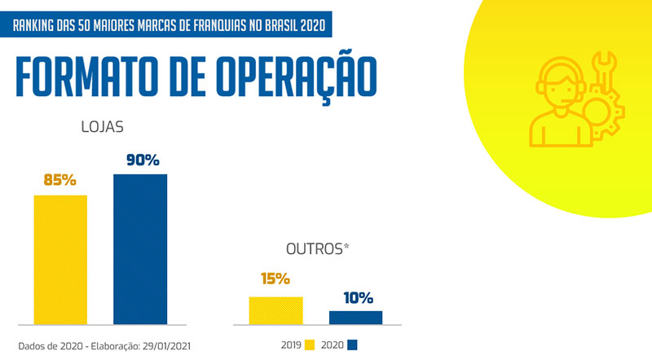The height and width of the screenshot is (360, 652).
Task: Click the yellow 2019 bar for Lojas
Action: point(60,259)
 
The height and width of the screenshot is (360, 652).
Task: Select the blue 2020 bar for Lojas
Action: point(140,248)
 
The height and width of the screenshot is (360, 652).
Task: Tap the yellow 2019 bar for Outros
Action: point(275,310)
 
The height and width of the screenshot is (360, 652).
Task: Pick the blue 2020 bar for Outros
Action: point(355,318)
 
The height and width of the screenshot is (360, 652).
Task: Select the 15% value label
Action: point(275,279)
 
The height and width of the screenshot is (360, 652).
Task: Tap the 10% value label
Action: point(357,297)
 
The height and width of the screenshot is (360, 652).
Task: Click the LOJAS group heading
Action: point(102,128)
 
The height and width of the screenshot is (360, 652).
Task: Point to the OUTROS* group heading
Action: point(316,248)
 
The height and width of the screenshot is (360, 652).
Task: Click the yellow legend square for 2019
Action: point(310,345)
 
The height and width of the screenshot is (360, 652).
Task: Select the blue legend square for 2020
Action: point(353,345)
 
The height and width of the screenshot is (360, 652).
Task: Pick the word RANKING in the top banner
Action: point(37,25)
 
